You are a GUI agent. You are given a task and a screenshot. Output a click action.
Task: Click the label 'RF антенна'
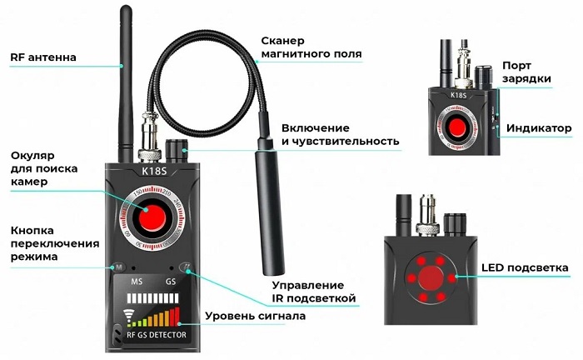[x=43, y=57]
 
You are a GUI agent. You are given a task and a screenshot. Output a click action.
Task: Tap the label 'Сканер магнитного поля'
[x=311, y=47]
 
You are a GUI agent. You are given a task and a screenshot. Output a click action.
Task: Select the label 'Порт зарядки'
[x=526, y=72]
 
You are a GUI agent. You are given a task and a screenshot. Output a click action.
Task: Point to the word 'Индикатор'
[x=539, y=128]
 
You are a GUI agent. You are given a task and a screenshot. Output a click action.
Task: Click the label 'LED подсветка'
[x=525, y=267]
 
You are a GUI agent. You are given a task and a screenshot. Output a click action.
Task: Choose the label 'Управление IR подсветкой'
[x=314, y=292]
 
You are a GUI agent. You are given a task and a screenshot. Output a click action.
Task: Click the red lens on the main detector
[x=152, y=217]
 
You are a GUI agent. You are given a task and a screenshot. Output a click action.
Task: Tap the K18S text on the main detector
[x=154, y=171]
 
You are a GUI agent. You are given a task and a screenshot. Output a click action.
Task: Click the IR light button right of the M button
[x=186, y=267]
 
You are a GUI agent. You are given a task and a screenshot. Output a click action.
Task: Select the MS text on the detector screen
[x=137, y=282]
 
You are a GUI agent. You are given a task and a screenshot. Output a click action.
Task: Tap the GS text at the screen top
[x=171, y=282]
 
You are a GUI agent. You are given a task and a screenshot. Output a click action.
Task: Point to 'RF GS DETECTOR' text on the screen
[x=157, y=335]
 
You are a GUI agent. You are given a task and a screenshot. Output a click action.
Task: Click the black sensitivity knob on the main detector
[x=177, y=151]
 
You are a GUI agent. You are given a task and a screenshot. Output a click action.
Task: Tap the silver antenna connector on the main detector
[x=149, y=137]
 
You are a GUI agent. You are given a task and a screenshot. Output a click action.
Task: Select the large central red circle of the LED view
[x=431, y=278]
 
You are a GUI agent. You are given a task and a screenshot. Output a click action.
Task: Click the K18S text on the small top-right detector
[x=458, y=95]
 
